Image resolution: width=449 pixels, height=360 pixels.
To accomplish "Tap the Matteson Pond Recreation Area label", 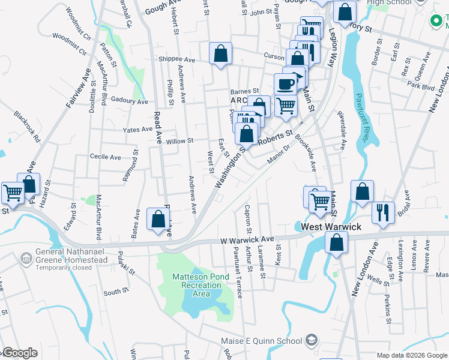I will pos(199,285).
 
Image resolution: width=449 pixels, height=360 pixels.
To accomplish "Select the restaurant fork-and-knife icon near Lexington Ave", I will pos(382,212).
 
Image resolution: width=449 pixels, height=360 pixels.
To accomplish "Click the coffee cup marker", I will pos(286,84).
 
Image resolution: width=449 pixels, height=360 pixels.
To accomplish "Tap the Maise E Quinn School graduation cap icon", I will pos(311,341).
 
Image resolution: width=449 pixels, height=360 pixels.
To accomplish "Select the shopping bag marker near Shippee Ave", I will pos(221,53).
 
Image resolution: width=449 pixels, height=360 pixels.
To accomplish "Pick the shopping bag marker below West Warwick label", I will pos(337,243).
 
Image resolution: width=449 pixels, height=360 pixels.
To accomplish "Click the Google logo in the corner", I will pos(19,353).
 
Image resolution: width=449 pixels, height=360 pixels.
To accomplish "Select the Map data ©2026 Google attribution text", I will pos(412,355).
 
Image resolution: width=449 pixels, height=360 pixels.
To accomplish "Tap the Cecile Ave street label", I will pos(105,157).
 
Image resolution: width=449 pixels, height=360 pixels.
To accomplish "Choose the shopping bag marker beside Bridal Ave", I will pos(363,192).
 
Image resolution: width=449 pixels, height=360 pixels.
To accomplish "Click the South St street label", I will pos(112,292).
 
